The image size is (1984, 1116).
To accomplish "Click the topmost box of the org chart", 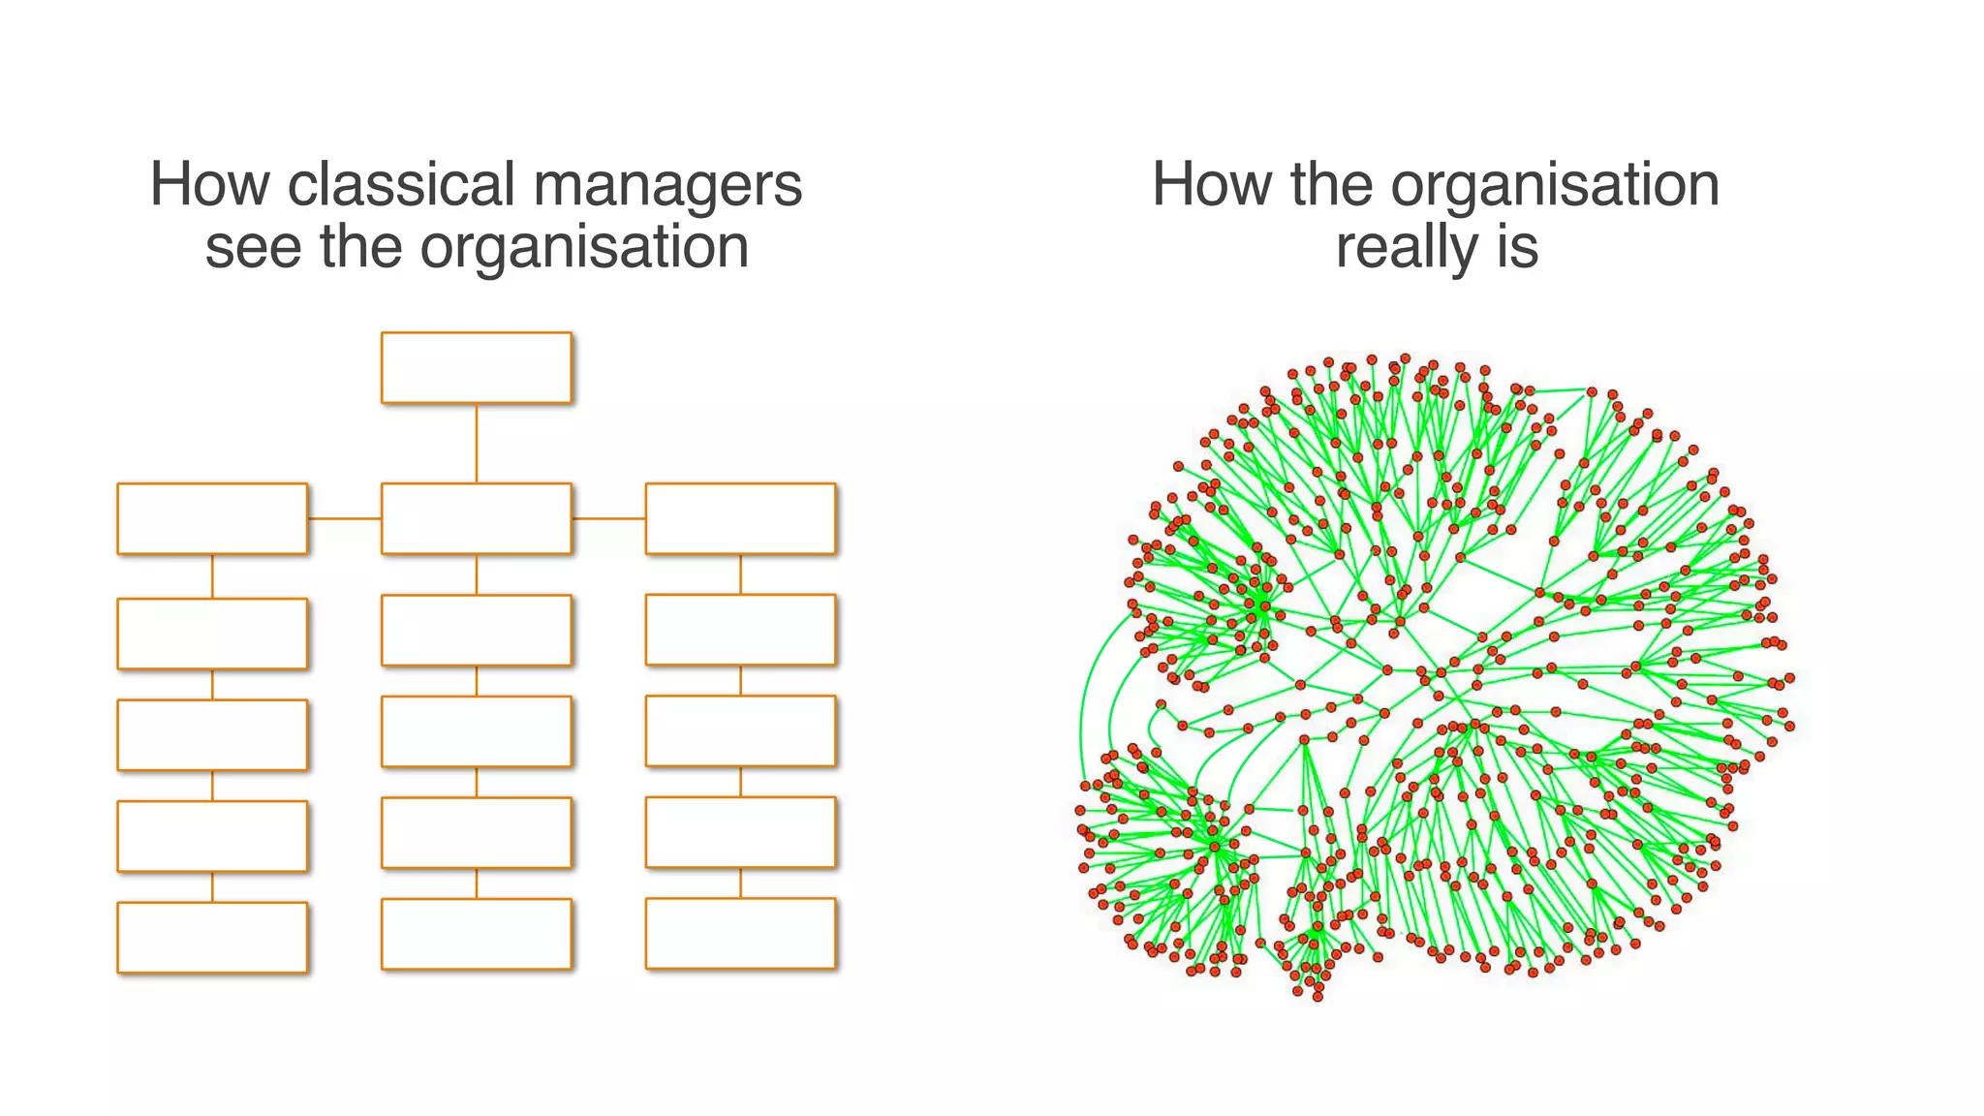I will [x=476, y=367].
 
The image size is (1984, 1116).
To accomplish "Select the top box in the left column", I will [x=212, y=518].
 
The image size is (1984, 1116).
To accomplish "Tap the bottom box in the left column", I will [x=212, y=937].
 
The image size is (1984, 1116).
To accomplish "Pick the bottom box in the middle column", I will [x=476, y=934].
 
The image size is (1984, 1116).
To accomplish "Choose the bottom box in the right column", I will [x=740, y=933].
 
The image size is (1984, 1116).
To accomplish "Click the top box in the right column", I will [x=740, y=518].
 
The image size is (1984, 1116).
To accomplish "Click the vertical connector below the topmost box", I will [x=476, y=443].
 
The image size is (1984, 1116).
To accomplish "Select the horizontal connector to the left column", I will [x=344, y=518].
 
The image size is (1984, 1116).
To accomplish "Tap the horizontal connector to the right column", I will [x=608, y=518].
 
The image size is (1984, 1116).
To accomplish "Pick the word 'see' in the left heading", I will [x=254, y=247].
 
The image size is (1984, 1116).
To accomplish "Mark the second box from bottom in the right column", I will [x=740, y=832].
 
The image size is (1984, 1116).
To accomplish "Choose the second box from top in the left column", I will [x=212, y=634].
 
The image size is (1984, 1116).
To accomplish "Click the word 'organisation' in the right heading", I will [x=1555, y=184].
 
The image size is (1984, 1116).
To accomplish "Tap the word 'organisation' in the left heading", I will [x=584, y=247].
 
